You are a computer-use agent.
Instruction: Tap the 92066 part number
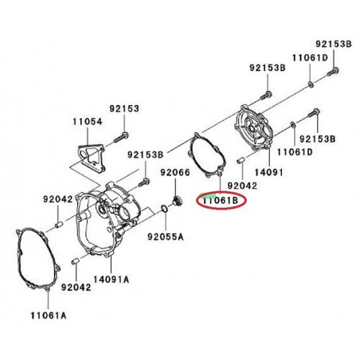[x=175, y=171]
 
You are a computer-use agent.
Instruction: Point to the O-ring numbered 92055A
[x=164, y=209]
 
